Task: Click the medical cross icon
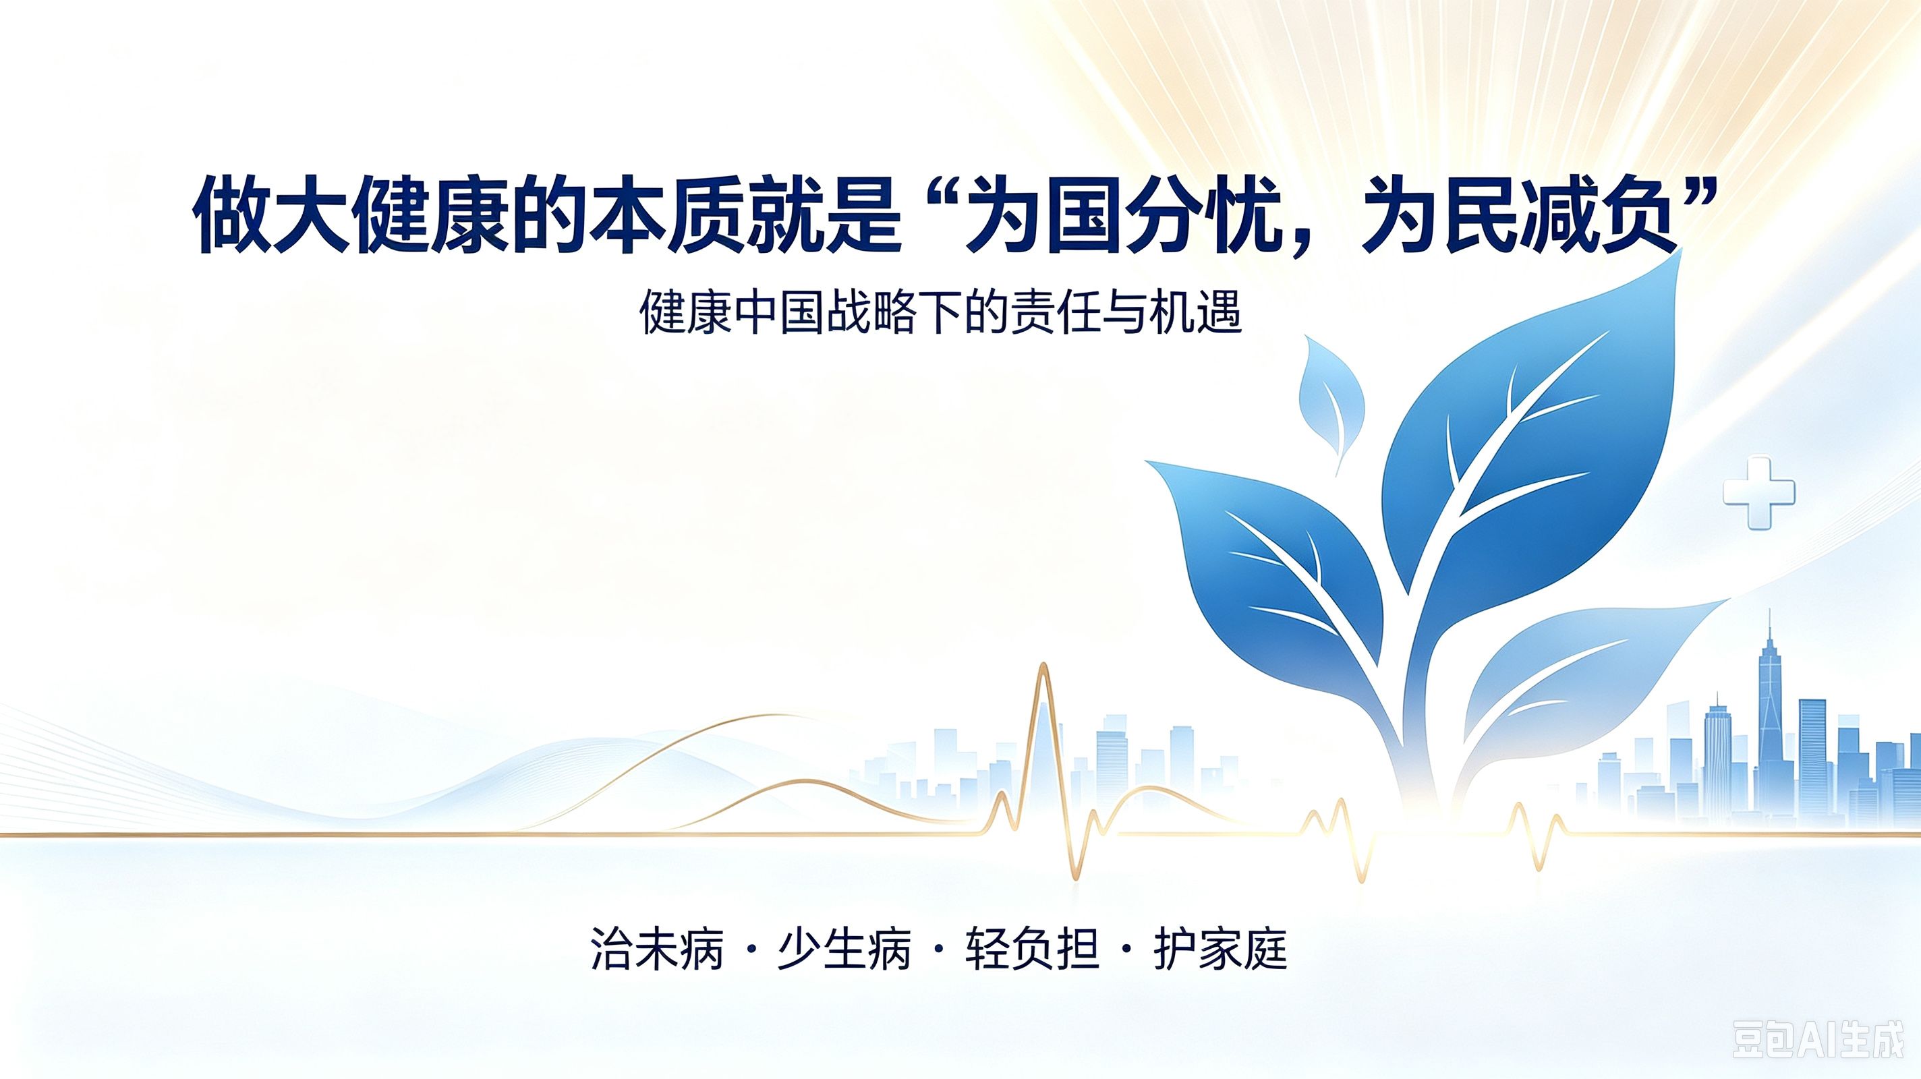coord(1758,493)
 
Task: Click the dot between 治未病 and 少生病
coord(751,951)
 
